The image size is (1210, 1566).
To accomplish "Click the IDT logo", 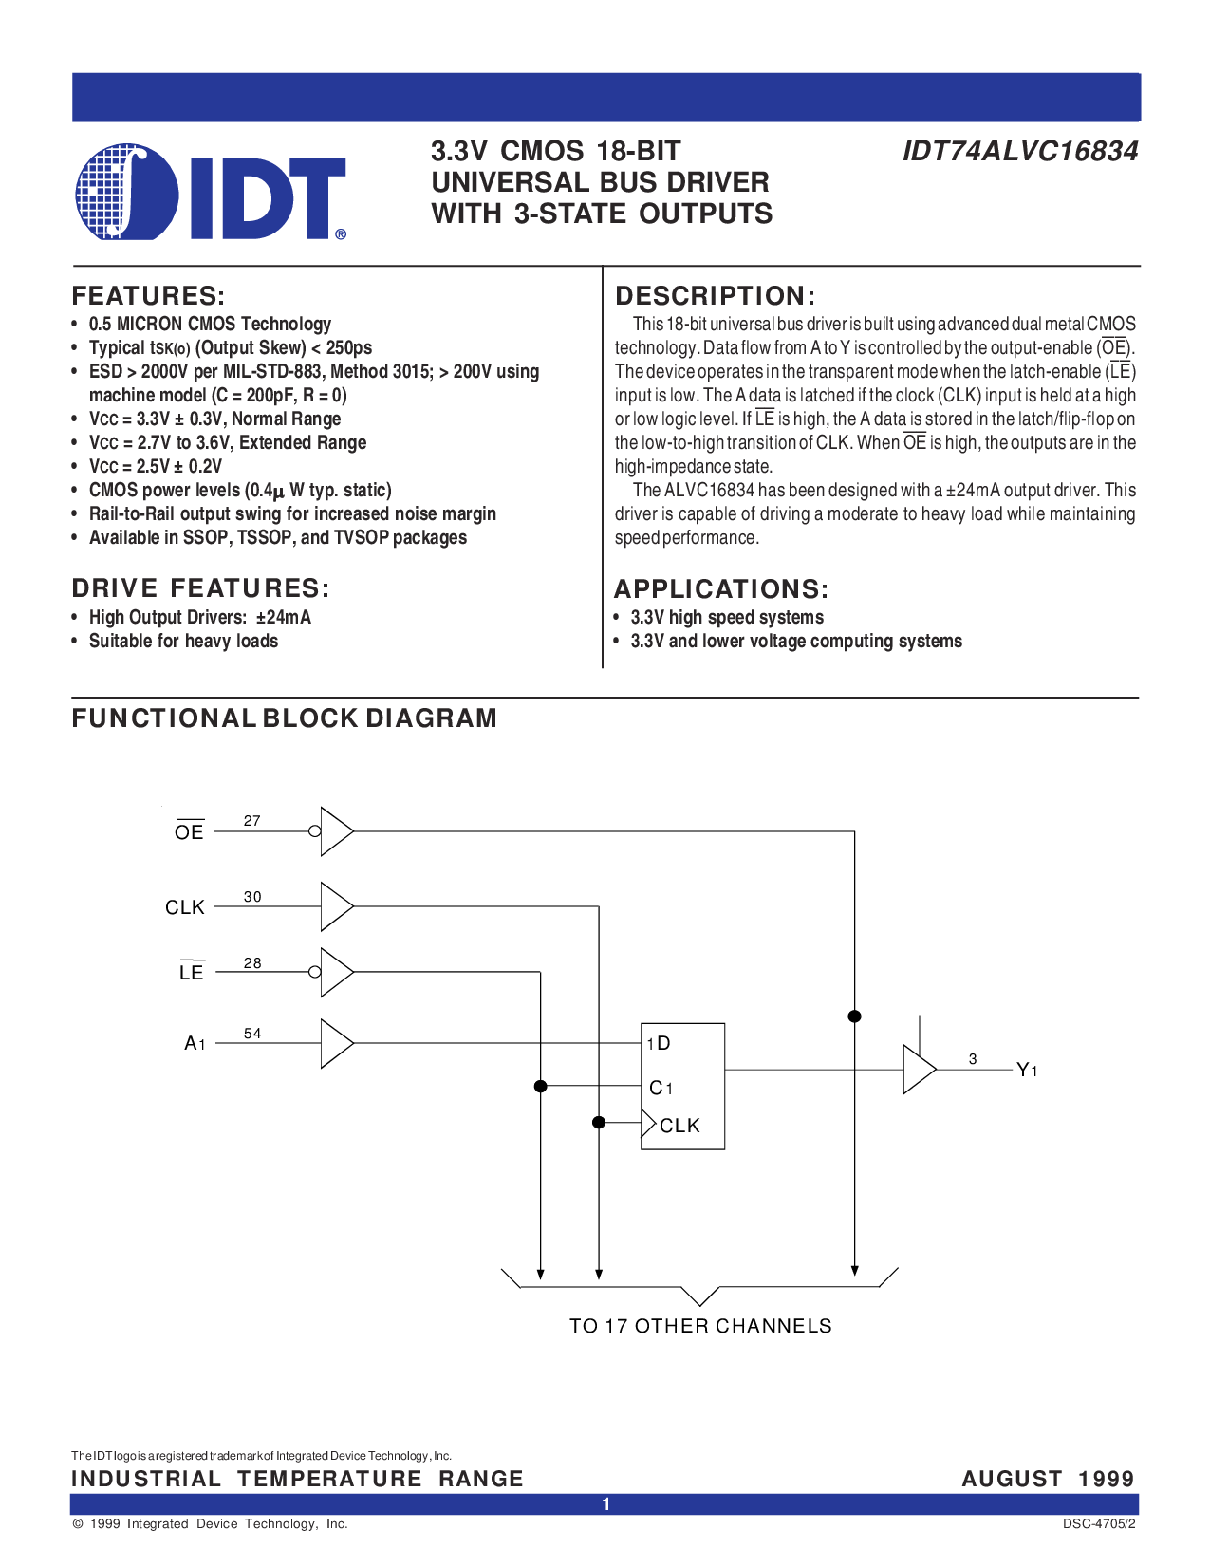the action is click(x=211, y=192).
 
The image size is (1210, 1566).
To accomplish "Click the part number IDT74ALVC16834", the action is click(x=1020, y=151).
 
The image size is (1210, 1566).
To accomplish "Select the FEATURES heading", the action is click(x=148, y=296).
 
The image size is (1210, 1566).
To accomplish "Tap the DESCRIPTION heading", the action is click(x=715, y=296).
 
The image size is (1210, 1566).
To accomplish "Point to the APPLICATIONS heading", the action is click(x=720, y=588).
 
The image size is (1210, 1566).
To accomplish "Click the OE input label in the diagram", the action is click(x=190, y=830).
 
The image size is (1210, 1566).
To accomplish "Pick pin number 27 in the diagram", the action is click(x=251, y=821).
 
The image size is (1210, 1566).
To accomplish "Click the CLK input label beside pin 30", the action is click(x=184, y=907).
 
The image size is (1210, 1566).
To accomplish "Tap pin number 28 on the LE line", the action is click(x=252, y=962).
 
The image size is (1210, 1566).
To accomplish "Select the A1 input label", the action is click(x=195, y=1043).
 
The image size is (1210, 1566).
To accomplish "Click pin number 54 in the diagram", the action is click(x=252, y=1034).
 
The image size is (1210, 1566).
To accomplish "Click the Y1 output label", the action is click(x=1027, y=1070).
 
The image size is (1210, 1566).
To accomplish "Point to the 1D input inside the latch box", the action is click(x=659, y=1043).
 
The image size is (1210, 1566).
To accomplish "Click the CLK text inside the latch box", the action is click(x=679, y=1126).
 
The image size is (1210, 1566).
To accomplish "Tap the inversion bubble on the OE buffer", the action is click(x=314, y=830).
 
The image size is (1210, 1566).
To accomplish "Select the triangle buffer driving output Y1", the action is click(x=920, y=1070).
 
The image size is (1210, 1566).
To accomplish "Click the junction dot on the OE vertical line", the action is click(x=855, y=1016).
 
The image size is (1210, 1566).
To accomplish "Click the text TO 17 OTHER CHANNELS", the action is click(x=700, y=1326).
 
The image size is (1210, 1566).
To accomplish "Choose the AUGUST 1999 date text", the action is click(x=1048, y=1479).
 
